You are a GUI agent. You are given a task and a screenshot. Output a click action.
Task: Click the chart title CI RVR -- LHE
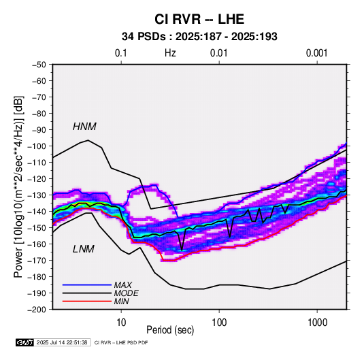tap(199, 19)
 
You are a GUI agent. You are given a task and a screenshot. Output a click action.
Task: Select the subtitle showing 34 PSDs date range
tap(199, 37)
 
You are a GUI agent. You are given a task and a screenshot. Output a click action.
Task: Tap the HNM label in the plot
tap(84, 127)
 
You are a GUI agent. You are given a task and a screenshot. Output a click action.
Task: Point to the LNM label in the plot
tap(84, 249)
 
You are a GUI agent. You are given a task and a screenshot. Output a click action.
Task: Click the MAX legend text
tap(122, 284)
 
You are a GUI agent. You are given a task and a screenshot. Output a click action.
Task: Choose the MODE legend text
tap(126, 293)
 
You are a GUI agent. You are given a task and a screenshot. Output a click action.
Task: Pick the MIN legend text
tap(121, 301)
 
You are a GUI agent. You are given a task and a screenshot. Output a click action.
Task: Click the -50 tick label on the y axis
tap(39, 65)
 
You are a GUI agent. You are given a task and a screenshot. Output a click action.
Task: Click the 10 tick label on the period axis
tap(121, 323)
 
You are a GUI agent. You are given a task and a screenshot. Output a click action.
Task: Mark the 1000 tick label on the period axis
tap(317, 323)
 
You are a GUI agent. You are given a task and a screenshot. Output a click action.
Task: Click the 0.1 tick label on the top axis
tap(121, 53)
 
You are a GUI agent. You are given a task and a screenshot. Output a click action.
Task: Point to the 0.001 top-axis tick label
tap(316, 53)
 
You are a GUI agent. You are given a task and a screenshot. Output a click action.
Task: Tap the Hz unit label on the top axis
tap(170, 53)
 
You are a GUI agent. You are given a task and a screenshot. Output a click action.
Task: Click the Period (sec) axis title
tap(170, 330)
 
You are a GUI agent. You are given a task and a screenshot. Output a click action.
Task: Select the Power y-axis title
tap(18, 186)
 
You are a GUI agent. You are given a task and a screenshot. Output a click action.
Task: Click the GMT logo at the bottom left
tap(24, 342)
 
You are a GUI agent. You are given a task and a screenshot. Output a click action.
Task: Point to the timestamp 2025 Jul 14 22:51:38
tap(62, 342)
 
